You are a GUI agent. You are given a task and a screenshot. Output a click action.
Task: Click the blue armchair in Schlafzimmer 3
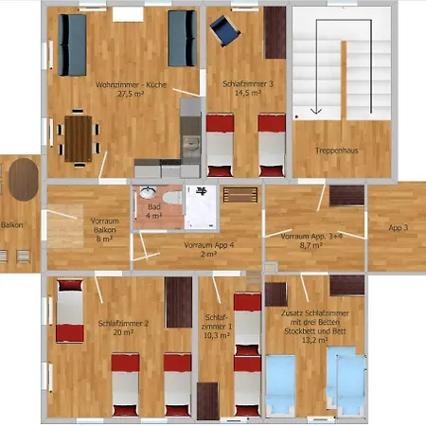[x=224, y=30]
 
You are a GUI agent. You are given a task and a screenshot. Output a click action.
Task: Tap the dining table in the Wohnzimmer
[x=79, y=138]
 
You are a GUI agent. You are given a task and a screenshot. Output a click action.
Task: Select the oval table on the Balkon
[x=24, y=180]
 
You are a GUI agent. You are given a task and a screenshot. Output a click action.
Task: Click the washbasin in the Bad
[x=148, y=192]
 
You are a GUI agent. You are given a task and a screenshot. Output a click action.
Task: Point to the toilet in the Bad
[x=172, y=198]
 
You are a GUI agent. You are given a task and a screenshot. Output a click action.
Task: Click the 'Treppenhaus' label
[x=337, y=151]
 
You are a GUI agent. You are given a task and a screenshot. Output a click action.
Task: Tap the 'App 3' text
[x=399, y=227]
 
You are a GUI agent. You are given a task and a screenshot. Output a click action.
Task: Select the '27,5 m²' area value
[x=131, y=94]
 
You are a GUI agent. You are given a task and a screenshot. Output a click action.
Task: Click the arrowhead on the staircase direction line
[x=316, y=111]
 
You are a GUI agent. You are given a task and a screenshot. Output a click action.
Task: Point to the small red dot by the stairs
[x=296, y=116]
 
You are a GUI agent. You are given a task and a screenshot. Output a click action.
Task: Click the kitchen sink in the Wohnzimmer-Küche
[x=190, y=144]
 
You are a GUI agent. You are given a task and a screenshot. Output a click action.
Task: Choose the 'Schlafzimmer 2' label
[x=123, y=324]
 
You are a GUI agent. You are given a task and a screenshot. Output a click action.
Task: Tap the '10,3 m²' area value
[x=217, y=335]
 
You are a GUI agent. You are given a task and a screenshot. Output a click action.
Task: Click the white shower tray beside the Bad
[x=201, y=207]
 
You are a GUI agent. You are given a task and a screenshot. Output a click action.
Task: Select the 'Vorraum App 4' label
[x=209, y=245]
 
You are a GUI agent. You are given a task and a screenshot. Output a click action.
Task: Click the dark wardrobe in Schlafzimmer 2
[x=179, y=302]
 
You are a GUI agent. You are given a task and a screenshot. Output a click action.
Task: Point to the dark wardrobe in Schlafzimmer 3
[x=275, y=32]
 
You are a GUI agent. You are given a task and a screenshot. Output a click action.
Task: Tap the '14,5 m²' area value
[x=248, y=93]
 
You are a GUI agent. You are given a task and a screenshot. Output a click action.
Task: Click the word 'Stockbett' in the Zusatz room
[x=300, y=331]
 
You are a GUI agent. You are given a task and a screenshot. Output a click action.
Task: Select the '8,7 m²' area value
[x=311, y=245]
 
